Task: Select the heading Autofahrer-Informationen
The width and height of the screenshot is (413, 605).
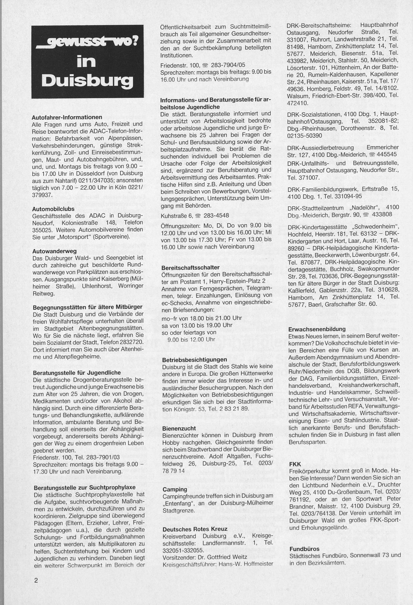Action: coord(67,117)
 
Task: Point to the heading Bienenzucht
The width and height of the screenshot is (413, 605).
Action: coord(179,428)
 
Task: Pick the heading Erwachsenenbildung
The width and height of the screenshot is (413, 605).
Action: coord(317,329)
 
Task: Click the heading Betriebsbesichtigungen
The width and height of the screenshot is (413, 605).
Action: coord(195,360)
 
